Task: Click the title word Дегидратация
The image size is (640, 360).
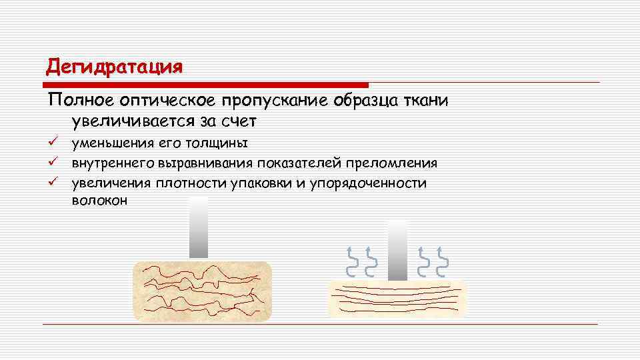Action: point(114,67)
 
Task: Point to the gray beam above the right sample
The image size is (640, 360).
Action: point(397,249)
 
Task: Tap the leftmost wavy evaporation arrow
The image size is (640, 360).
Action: point(351,261)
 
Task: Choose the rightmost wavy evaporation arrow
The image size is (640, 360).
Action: point(442,261)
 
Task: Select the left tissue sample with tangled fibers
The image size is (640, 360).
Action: point(203,290)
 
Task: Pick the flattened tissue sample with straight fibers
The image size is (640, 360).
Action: point(397,298)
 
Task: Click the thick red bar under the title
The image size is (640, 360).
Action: point(206,85)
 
